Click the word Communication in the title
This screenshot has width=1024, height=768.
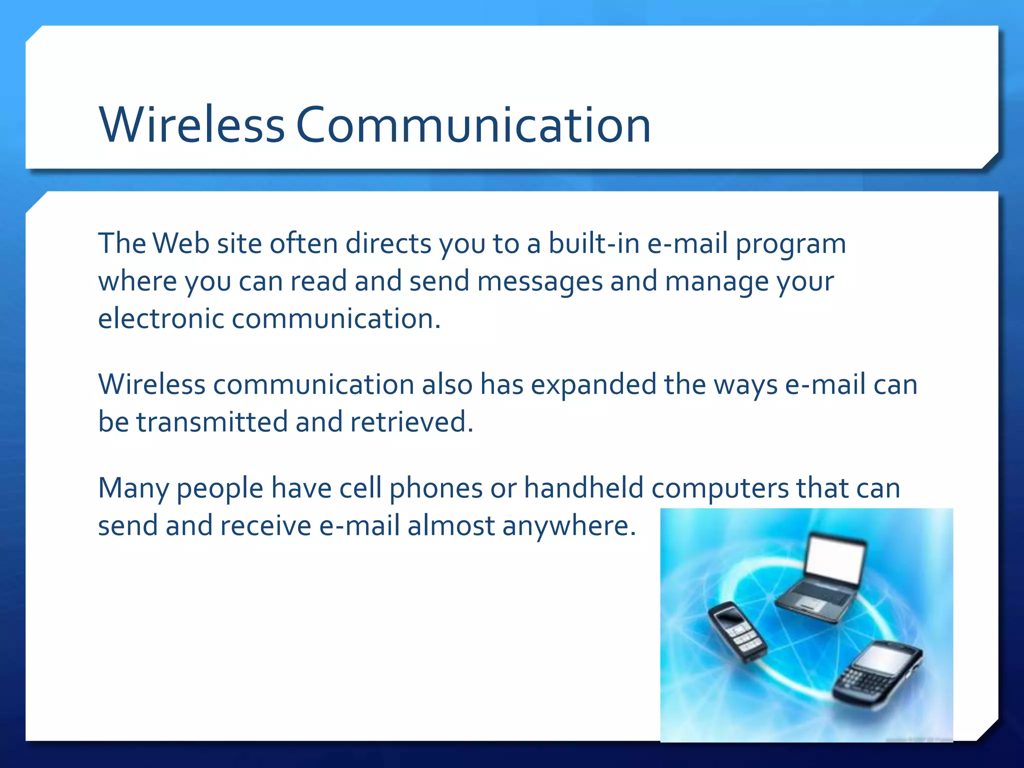(x=473, y=125)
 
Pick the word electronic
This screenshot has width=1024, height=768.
(x=160, y=319)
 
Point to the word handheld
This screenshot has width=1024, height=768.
(x=583, y=488)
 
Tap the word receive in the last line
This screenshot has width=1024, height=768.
(x=265, y=526)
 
